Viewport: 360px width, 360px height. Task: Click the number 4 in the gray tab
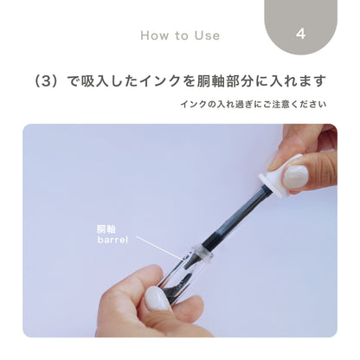pos(301,35)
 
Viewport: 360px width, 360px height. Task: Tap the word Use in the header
pos(206,35)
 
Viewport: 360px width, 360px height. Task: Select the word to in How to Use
pos(182,35)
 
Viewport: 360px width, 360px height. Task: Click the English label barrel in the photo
pos(113,240)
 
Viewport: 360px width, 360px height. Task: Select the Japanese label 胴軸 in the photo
pos(106,229)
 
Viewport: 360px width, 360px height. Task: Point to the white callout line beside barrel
pos(160,247)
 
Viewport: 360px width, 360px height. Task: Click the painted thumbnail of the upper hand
pos(295,177)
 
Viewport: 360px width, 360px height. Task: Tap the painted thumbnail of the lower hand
pos(157,299)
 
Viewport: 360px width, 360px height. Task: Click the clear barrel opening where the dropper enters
pos(198,252)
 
